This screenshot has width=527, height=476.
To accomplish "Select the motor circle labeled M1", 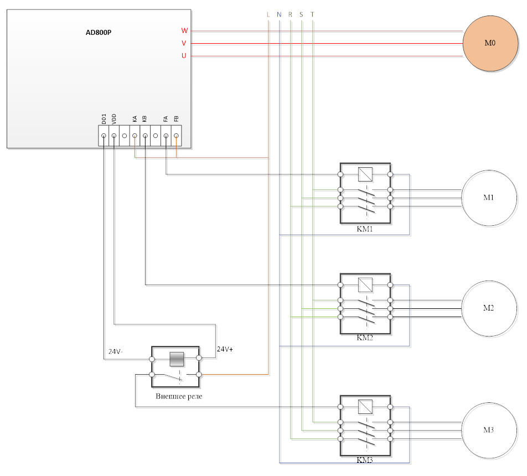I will click(489, 198).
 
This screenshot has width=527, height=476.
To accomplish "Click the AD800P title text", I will click(99, 32).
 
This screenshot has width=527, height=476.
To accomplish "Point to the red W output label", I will click(184, 30).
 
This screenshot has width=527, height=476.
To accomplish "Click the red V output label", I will click(184, 43).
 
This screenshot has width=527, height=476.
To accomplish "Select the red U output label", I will click(184, 55).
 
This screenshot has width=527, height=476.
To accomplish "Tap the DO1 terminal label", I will click(104, 119).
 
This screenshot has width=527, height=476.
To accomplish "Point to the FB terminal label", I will click(176, 119).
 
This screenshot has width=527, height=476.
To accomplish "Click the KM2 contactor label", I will click(365, 338).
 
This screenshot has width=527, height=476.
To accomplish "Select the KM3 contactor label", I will click(365, 460).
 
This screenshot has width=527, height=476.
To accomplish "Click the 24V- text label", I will click(116, 351).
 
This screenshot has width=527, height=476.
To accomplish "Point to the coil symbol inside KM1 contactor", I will click(365, 175).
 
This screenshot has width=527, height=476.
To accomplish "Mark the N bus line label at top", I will click(280, 14).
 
